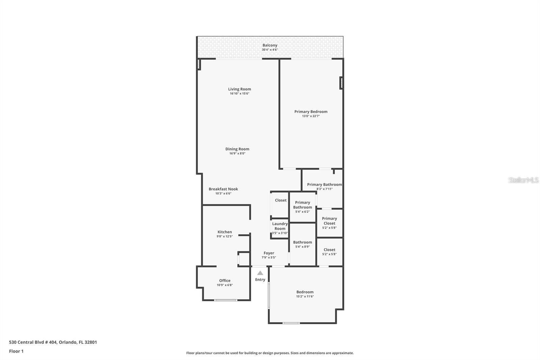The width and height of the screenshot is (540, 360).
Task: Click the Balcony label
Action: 270,45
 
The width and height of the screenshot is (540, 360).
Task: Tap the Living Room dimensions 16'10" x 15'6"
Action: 239,94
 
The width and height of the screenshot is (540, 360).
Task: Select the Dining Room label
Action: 237,149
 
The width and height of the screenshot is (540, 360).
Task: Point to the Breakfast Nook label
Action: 223,189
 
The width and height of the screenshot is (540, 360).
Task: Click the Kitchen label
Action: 224,232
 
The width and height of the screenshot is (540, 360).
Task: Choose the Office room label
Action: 224,281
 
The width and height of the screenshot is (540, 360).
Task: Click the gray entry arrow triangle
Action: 260,273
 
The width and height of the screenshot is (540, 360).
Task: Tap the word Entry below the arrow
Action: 260,280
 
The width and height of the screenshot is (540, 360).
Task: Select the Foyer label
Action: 269,253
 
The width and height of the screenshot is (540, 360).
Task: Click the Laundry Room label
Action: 280,226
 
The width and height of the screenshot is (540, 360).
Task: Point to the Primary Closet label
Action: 329,221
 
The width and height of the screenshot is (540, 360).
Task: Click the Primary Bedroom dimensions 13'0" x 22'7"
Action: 310,116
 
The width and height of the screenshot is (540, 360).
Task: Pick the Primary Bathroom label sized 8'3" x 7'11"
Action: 324,184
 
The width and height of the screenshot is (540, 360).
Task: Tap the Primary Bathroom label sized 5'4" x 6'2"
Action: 302,205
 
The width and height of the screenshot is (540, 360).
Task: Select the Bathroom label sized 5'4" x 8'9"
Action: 302,242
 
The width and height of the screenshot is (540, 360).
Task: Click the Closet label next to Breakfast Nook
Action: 280,200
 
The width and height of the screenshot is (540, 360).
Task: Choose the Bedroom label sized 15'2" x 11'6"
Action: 305,292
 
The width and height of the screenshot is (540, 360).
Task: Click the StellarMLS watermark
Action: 523,180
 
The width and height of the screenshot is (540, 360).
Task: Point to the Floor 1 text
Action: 16,351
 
